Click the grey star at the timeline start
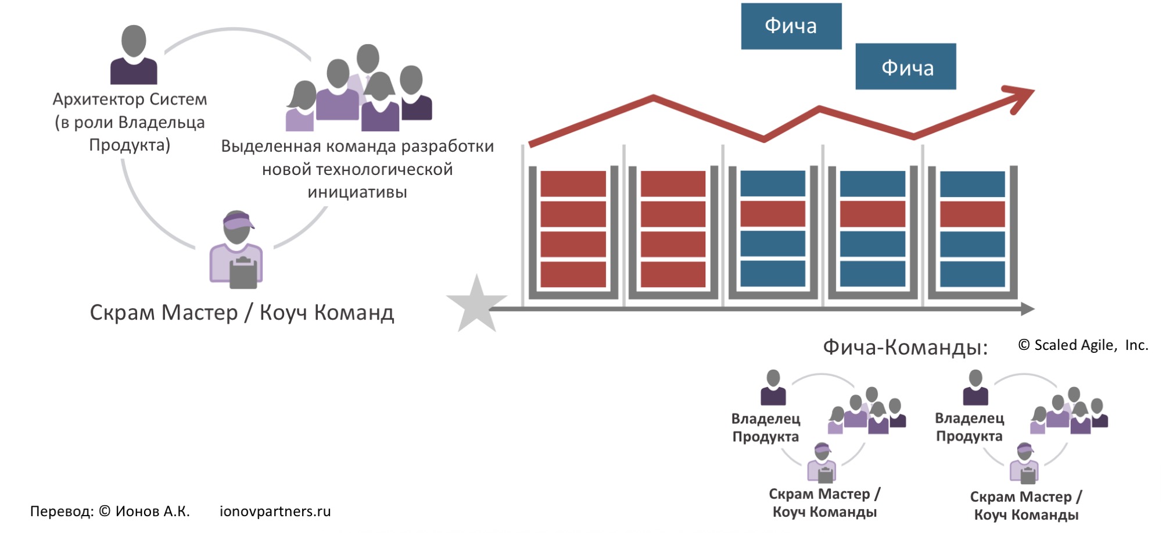476,305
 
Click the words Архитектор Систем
130,99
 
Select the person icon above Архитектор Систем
134,55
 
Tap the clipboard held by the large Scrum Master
243,273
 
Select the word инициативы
357,192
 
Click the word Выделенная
271,146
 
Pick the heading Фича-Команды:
905,348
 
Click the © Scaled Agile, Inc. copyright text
1083,345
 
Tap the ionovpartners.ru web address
275,511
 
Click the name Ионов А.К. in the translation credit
152,511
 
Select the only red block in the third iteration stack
773,214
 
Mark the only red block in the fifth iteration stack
973,214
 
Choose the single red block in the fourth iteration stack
873,214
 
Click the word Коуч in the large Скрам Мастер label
283,313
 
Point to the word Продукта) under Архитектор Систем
130,145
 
